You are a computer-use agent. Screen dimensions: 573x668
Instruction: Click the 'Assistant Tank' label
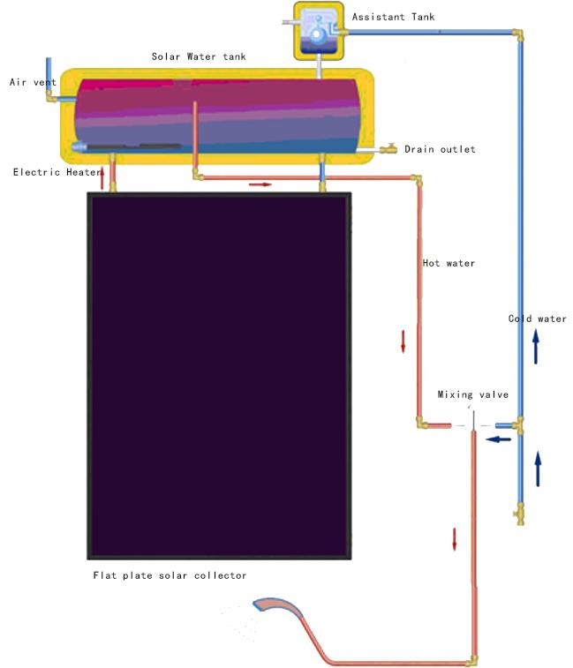pos(393,17)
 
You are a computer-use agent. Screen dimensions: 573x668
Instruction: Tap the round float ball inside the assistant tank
pos(317,35)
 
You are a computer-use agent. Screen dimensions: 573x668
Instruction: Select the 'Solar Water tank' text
pos(199,56)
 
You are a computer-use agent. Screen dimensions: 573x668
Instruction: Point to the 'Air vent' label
pos(33,82)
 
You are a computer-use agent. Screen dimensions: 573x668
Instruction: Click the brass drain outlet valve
pos(388,148)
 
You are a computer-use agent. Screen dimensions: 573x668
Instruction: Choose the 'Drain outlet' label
pos(440,149)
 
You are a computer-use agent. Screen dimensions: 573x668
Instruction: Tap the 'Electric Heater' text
pos(57,172)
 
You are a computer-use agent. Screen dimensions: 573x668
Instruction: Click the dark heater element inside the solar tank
pos(132,147)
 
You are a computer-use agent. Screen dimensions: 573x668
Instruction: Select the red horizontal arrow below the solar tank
pos(260,184)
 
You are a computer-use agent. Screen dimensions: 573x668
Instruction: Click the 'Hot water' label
pos(449,263)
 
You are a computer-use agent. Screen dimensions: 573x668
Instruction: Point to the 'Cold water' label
pos(537,319)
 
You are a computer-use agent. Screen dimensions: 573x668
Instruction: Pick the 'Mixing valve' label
pos(473,394)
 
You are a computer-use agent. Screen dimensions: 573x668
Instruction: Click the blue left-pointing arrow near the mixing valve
pos(498,439)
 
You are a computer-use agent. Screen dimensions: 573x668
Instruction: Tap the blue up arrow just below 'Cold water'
pos(536,347)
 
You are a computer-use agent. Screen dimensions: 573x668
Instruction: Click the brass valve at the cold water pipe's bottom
pos(520,514)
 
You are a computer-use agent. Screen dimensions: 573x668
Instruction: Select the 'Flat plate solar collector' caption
pos(170,575)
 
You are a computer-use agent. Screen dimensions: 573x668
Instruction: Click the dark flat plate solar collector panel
pos(219,376)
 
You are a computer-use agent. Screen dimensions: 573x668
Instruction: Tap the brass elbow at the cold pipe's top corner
pos(518,34)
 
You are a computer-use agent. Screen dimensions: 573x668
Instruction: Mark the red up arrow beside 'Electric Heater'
pos(102,179)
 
